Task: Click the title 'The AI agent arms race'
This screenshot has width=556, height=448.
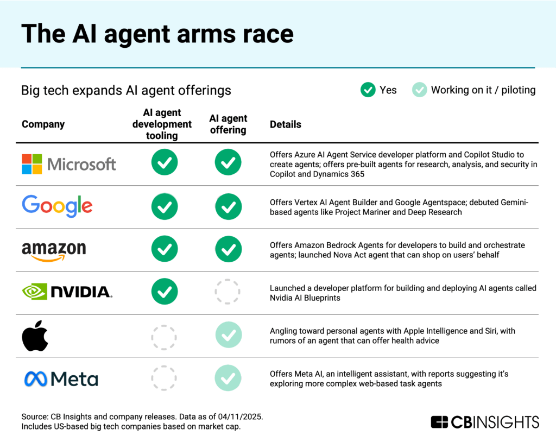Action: [x=157, y=34]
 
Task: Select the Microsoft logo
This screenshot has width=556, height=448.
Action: [x=69, y=163]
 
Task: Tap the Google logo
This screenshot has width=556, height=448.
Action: [x=57, y=206]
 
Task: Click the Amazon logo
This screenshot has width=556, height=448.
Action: [x=54, y=250]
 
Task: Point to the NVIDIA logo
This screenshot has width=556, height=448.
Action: [x=67, y=292]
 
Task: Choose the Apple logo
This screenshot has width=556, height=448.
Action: [x=35, y=336]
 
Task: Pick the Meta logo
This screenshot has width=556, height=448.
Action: [x=61, y=378]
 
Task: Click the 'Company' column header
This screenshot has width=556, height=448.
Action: [x=43, y=124]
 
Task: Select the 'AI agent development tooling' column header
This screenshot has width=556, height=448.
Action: [x=162, y=124]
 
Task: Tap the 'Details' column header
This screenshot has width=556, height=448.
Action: [x=286, y=124]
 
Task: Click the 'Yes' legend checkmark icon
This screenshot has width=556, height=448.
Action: [x=368, y=90]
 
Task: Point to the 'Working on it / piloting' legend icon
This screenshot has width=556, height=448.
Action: [x=419, y=90]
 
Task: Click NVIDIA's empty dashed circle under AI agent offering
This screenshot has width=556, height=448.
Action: [x=228, y=292]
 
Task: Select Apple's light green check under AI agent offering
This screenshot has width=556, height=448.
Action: [x=228, y=336]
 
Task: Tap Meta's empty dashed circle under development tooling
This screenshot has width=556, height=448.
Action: [x=164, y=378]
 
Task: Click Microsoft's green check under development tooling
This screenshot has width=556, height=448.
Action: [x=164, y=162]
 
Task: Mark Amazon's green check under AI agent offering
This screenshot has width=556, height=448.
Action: [x=228, y=249]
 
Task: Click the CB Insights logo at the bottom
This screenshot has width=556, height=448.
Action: [x=484, y=422]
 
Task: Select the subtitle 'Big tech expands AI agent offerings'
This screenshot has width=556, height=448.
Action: [x=126, y=90]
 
